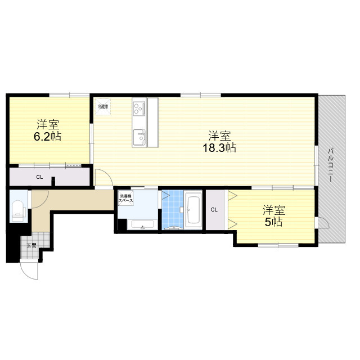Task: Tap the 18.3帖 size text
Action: [x=219, y=148]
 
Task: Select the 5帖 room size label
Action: [x=274, y=222]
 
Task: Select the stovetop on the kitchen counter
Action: [x=139, y=107]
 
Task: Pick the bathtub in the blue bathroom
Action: [x=193, y=209]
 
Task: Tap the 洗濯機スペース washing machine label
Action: [x=125, y=199]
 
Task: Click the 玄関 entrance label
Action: [x=31, y=245]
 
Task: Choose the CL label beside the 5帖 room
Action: [x=214, y=210]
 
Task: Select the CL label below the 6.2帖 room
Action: [x=39, y=177]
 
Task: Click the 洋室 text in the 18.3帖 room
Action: [x=219, y=136]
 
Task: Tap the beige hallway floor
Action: [x=73, y=199]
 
